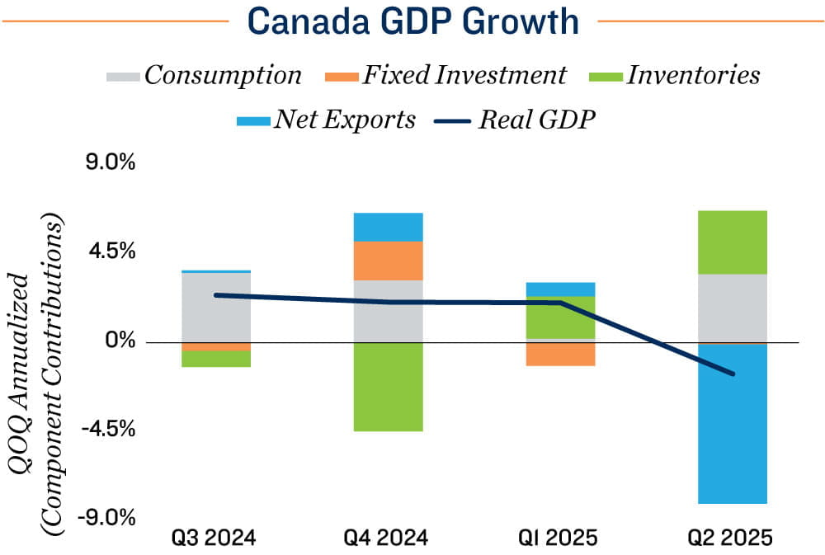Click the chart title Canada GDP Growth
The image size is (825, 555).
pos(412,22)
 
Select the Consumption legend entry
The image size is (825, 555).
pos(205,76)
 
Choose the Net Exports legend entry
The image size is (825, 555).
pos(326,120)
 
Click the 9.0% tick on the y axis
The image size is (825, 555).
pos(111,162)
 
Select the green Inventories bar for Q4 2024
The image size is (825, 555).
pos(388,386)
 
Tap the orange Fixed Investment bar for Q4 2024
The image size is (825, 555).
pos(388,261)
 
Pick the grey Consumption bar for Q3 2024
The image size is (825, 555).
pos(216,307)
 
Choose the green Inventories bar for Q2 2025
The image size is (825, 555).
pos(732,242)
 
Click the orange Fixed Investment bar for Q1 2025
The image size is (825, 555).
pos(560,354)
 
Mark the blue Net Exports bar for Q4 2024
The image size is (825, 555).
pos(388,227)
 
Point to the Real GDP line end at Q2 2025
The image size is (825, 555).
pos(732,374)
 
